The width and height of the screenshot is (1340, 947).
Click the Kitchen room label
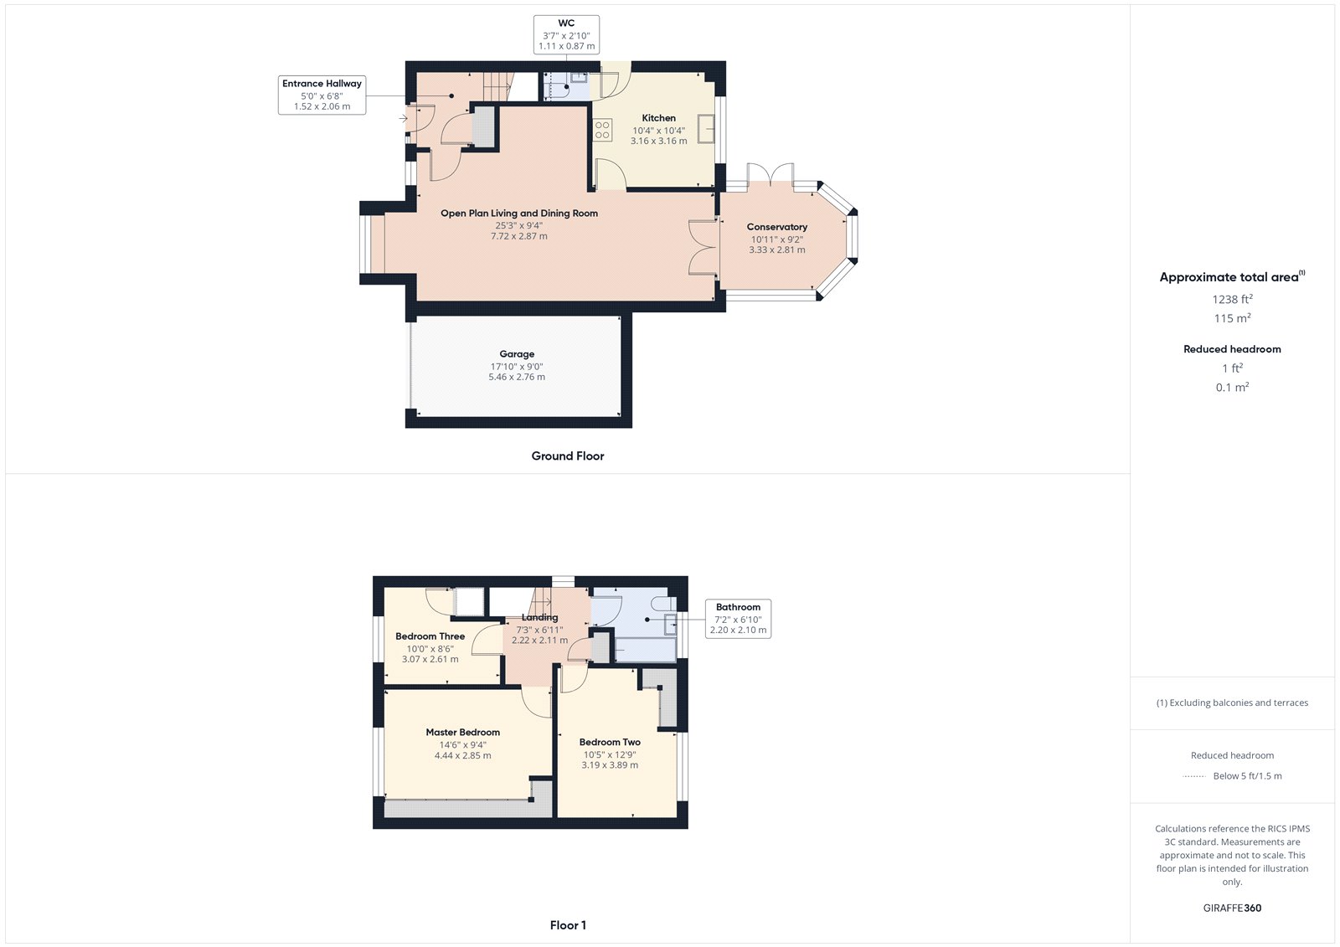[x=658, y=118]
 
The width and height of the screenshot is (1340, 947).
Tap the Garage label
[x=517, y=354]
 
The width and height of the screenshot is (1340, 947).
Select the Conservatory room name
[x=777, y=227]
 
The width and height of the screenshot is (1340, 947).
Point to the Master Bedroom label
[x=462, y=733]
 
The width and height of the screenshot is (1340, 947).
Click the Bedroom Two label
[x=610, y=742]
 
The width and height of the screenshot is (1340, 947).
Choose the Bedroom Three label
[x=430, y=636]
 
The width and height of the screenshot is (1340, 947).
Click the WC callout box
[x=566, y=35]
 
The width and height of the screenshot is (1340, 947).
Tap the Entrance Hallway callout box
[x=322, y=95]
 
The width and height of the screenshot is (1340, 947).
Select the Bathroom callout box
[x=738, y=619]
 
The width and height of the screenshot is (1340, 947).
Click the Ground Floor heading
[x=567, y=456]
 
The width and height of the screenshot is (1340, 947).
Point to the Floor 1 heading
[x=568, y=925]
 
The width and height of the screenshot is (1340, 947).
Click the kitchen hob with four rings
[x=602, y=130]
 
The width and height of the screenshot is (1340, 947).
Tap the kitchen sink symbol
[x=706, y=129]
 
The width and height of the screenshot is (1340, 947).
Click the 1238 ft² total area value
[x=1232, y=299]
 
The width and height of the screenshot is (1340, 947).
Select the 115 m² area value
[x=1232, y=318]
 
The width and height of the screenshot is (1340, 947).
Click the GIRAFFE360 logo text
[x=1232, y=908]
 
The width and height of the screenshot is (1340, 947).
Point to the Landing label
[x=539, y=618]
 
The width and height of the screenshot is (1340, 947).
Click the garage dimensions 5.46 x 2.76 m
[x=517, y=378]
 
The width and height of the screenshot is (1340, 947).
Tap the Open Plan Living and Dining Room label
[x=519, y=214]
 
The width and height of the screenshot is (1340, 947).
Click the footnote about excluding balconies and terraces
[x=1232, y=703]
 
